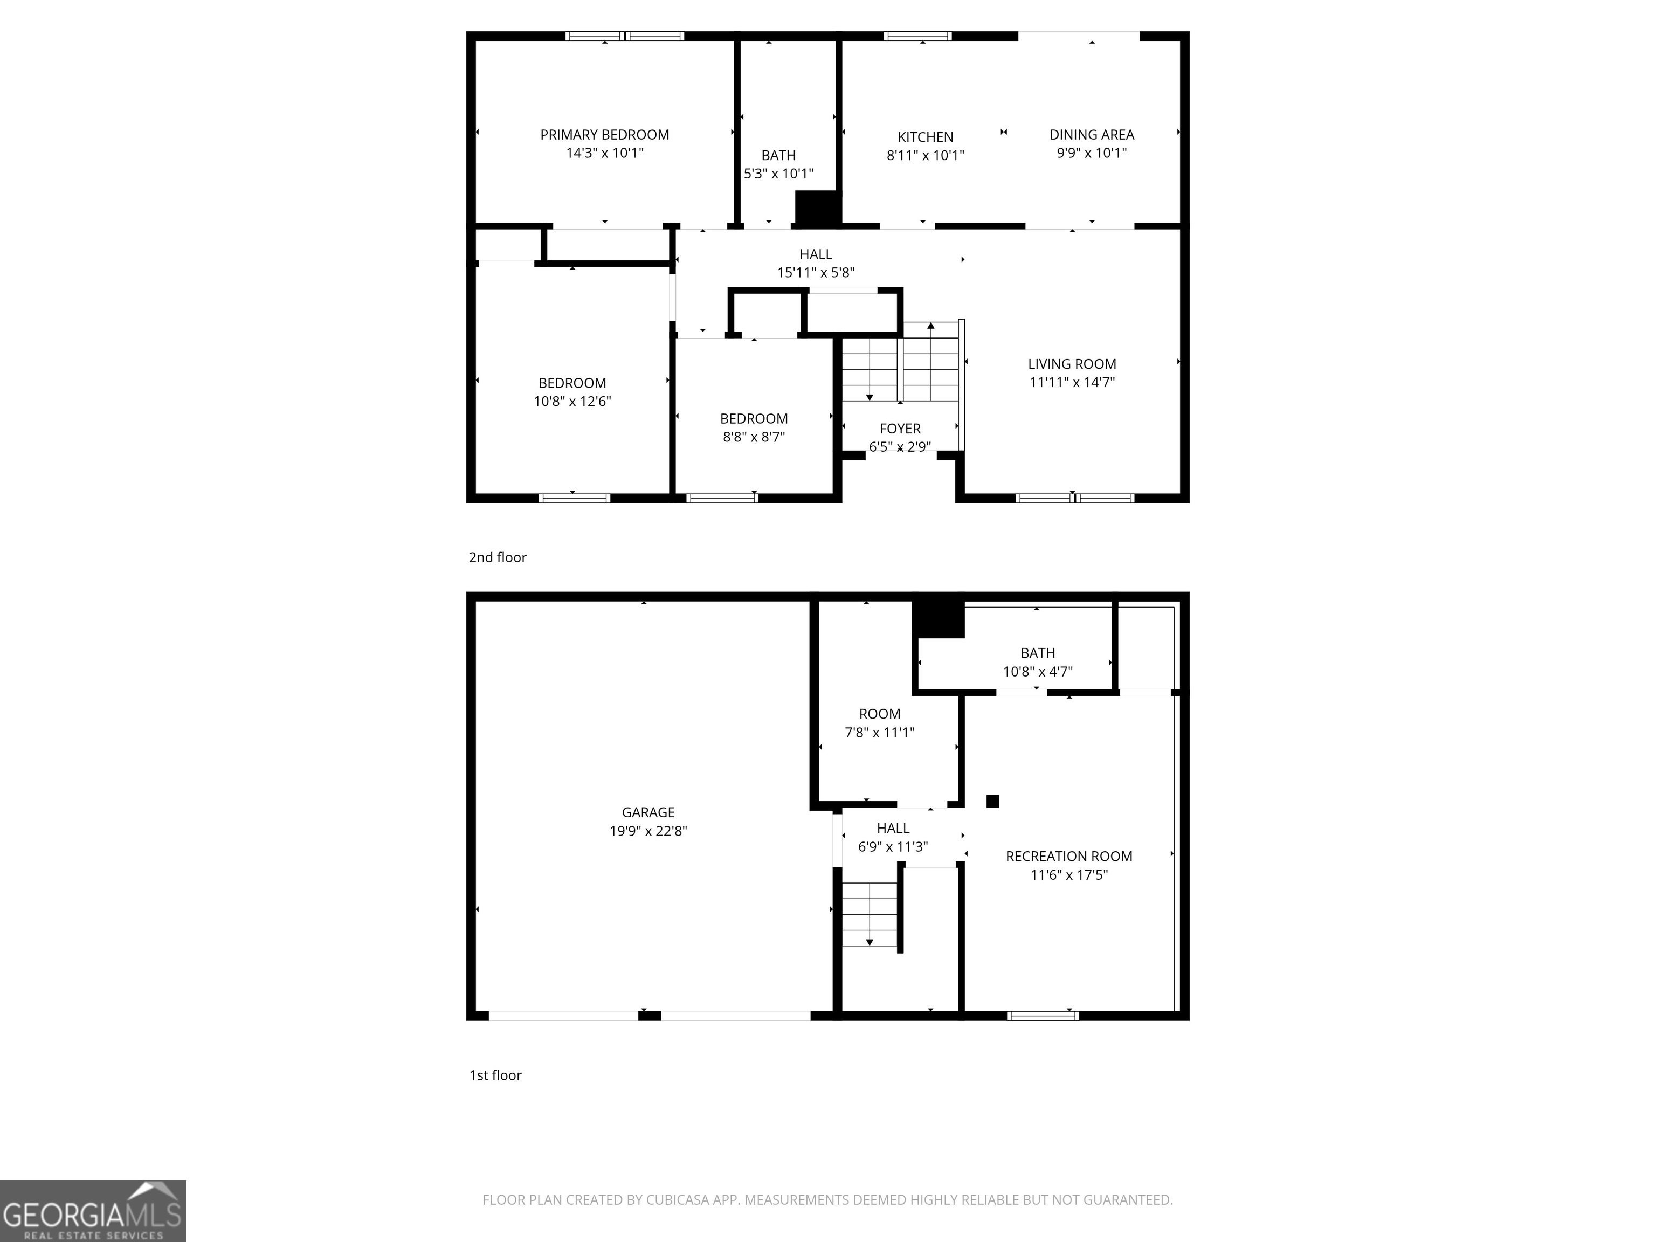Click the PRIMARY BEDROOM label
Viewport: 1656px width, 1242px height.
click(604, 135)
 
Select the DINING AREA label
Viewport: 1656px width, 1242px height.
click(1092, 135)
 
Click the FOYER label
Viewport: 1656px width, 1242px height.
click(900, 428)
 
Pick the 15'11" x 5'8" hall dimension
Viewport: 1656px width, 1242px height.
click(815, 273)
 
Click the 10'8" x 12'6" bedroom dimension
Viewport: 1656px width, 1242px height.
click(572, 401)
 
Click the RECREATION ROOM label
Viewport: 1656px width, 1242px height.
click(1068, 857)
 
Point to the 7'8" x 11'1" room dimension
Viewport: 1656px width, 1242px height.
click(880, 732)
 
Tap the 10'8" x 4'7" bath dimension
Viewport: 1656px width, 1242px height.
click(1038, 672)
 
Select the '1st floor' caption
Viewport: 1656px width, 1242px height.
click(495, 1075)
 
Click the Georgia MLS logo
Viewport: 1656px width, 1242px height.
click(92, 1211)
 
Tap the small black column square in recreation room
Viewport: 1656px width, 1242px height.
click(993, 801)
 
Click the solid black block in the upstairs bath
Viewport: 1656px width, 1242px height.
click(818, 208)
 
